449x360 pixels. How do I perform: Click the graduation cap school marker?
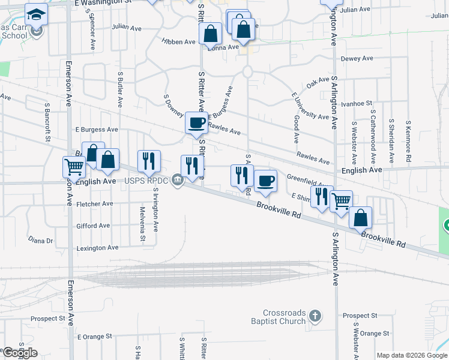[x=37, y=13]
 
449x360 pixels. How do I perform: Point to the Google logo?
[x=20, y=353]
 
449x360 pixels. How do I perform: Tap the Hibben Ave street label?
[x=178, y=42]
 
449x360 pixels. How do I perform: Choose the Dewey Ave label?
[x=357, y=59]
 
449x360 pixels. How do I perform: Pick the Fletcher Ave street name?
[x=95, y=204]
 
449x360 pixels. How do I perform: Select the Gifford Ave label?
[x=93, y=226]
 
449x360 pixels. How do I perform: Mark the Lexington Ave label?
[x=97, y=248]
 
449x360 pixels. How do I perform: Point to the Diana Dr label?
[x=41, y=240]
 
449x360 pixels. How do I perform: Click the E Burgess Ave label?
[x=97, y=130]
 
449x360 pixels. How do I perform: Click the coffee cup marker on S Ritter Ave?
[x=196, y=124]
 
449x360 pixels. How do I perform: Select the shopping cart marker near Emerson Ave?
[x=74, y=166]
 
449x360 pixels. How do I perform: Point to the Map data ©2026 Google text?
[x=412, y=355]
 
